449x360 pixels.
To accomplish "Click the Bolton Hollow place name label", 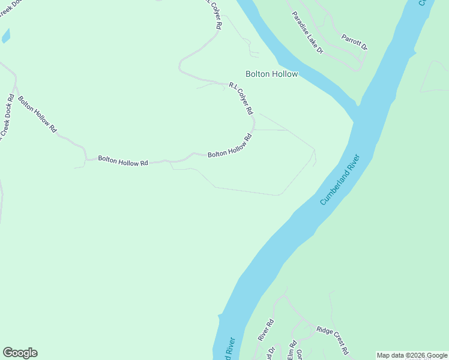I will coord(271,73).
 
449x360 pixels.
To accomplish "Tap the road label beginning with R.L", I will coord(241,98).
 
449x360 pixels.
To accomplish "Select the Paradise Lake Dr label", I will coord(308,33).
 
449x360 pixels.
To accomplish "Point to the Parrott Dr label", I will coord(354,41).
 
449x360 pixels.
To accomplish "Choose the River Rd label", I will coord(265,330).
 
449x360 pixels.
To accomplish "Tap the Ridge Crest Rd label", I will coord(333,340).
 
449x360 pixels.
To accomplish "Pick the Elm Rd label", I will coord(292,350).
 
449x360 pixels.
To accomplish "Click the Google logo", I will coord(20,353).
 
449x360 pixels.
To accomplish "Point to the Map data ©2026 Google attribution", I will coord(412,355).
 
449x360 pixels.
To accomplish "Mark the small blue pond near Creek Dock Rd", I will coord(6,35).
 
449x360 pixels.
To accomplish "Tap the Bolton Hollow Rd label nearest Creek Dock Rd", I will coord(37,114).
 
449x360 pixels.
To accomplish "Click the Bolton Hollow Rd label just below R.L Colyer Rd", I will coord(229,146).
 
